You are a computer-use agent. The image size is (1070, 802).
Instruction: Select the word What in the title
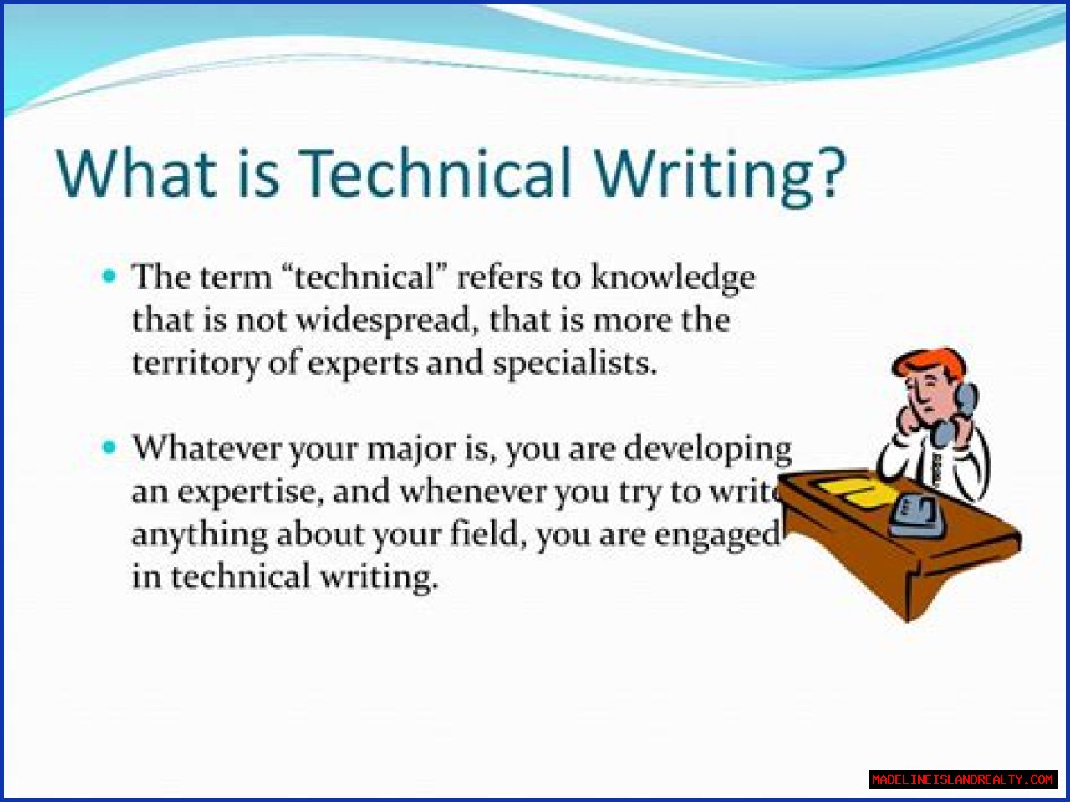click(x=136, y=173)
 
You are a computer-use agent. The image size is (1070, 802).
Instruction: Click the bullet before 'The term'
click(x=110, y=277)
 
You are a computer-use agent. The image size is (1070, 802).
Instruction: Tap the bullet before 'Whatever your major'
click(x=110, y=447)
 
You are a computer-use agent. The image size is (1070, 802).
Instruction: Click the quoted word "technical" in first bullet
click(x=364, y=277)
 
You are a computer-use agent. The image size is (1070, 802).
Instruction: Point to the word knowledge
click(x=673, y=278)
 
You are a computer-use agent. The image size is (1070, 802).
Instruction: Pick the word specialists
click(x=574, y=365)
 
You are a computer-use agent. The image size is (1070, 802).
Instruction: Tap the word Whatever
click(x=206, y=447)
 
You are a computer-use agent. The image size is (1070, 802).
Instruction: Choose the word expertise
click(x=251, y=493)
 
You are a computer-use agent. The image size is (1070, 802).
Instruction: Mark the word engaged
click(x=716, y=536)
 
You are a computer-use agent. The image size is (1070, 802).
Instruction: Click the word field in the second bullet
click(x=488, y=534)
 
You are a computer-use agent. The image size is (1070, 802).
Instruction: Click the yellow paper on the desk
click(x=858, y=493)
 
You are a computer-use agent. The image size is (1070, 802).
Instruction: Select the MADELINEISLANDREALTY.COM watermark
click(x=963, y=779)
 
